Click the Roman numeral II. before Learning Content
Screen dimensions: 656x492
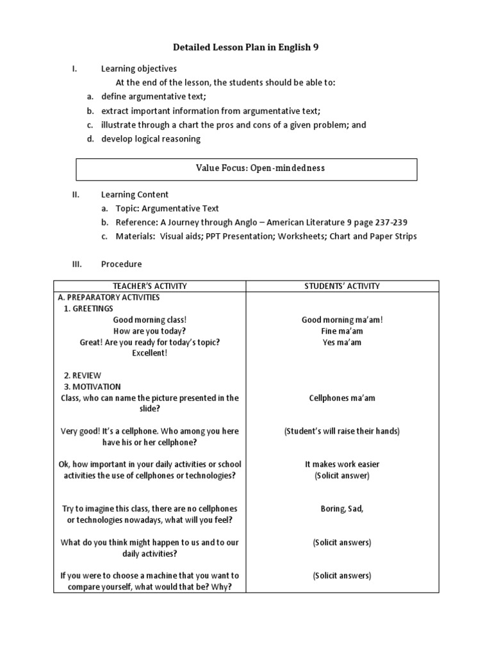(x=75, y=195)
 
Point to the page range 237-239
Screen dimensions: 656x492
(x=387, y=222)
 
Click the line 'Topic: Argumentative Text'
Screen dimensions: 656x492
(x=167, y=208)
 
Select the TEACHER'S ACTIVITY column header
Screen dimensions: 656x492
(x=150, y=286)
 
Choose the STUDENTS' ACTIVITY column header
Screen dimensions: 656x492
(x=342, y=286)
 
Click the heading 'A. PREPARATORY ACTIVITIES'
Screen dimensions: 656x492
(x=109, y=297)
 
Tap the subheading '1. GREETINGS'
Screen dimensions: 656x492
(x=88, y=309)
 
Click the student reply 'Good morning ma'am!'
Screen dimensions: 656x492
(x=342, y=320)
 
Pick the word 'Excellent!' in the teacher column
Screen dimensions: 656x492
(x=150, y=354)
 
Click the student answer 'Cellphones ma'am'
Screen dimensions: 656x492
(x=342, y=398)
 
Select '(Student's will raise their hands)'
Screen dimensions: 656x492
(x=342, y=431)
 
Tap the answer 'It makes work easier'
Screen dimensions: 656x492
(x=342, y=464)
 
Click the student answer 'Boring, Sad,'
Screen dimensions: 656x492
(x=342, y=509)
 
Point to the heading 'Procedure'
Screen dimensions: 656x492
(x=121, y=264)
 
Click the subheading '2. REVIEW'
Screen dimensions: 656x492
(x=82, y=375)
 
